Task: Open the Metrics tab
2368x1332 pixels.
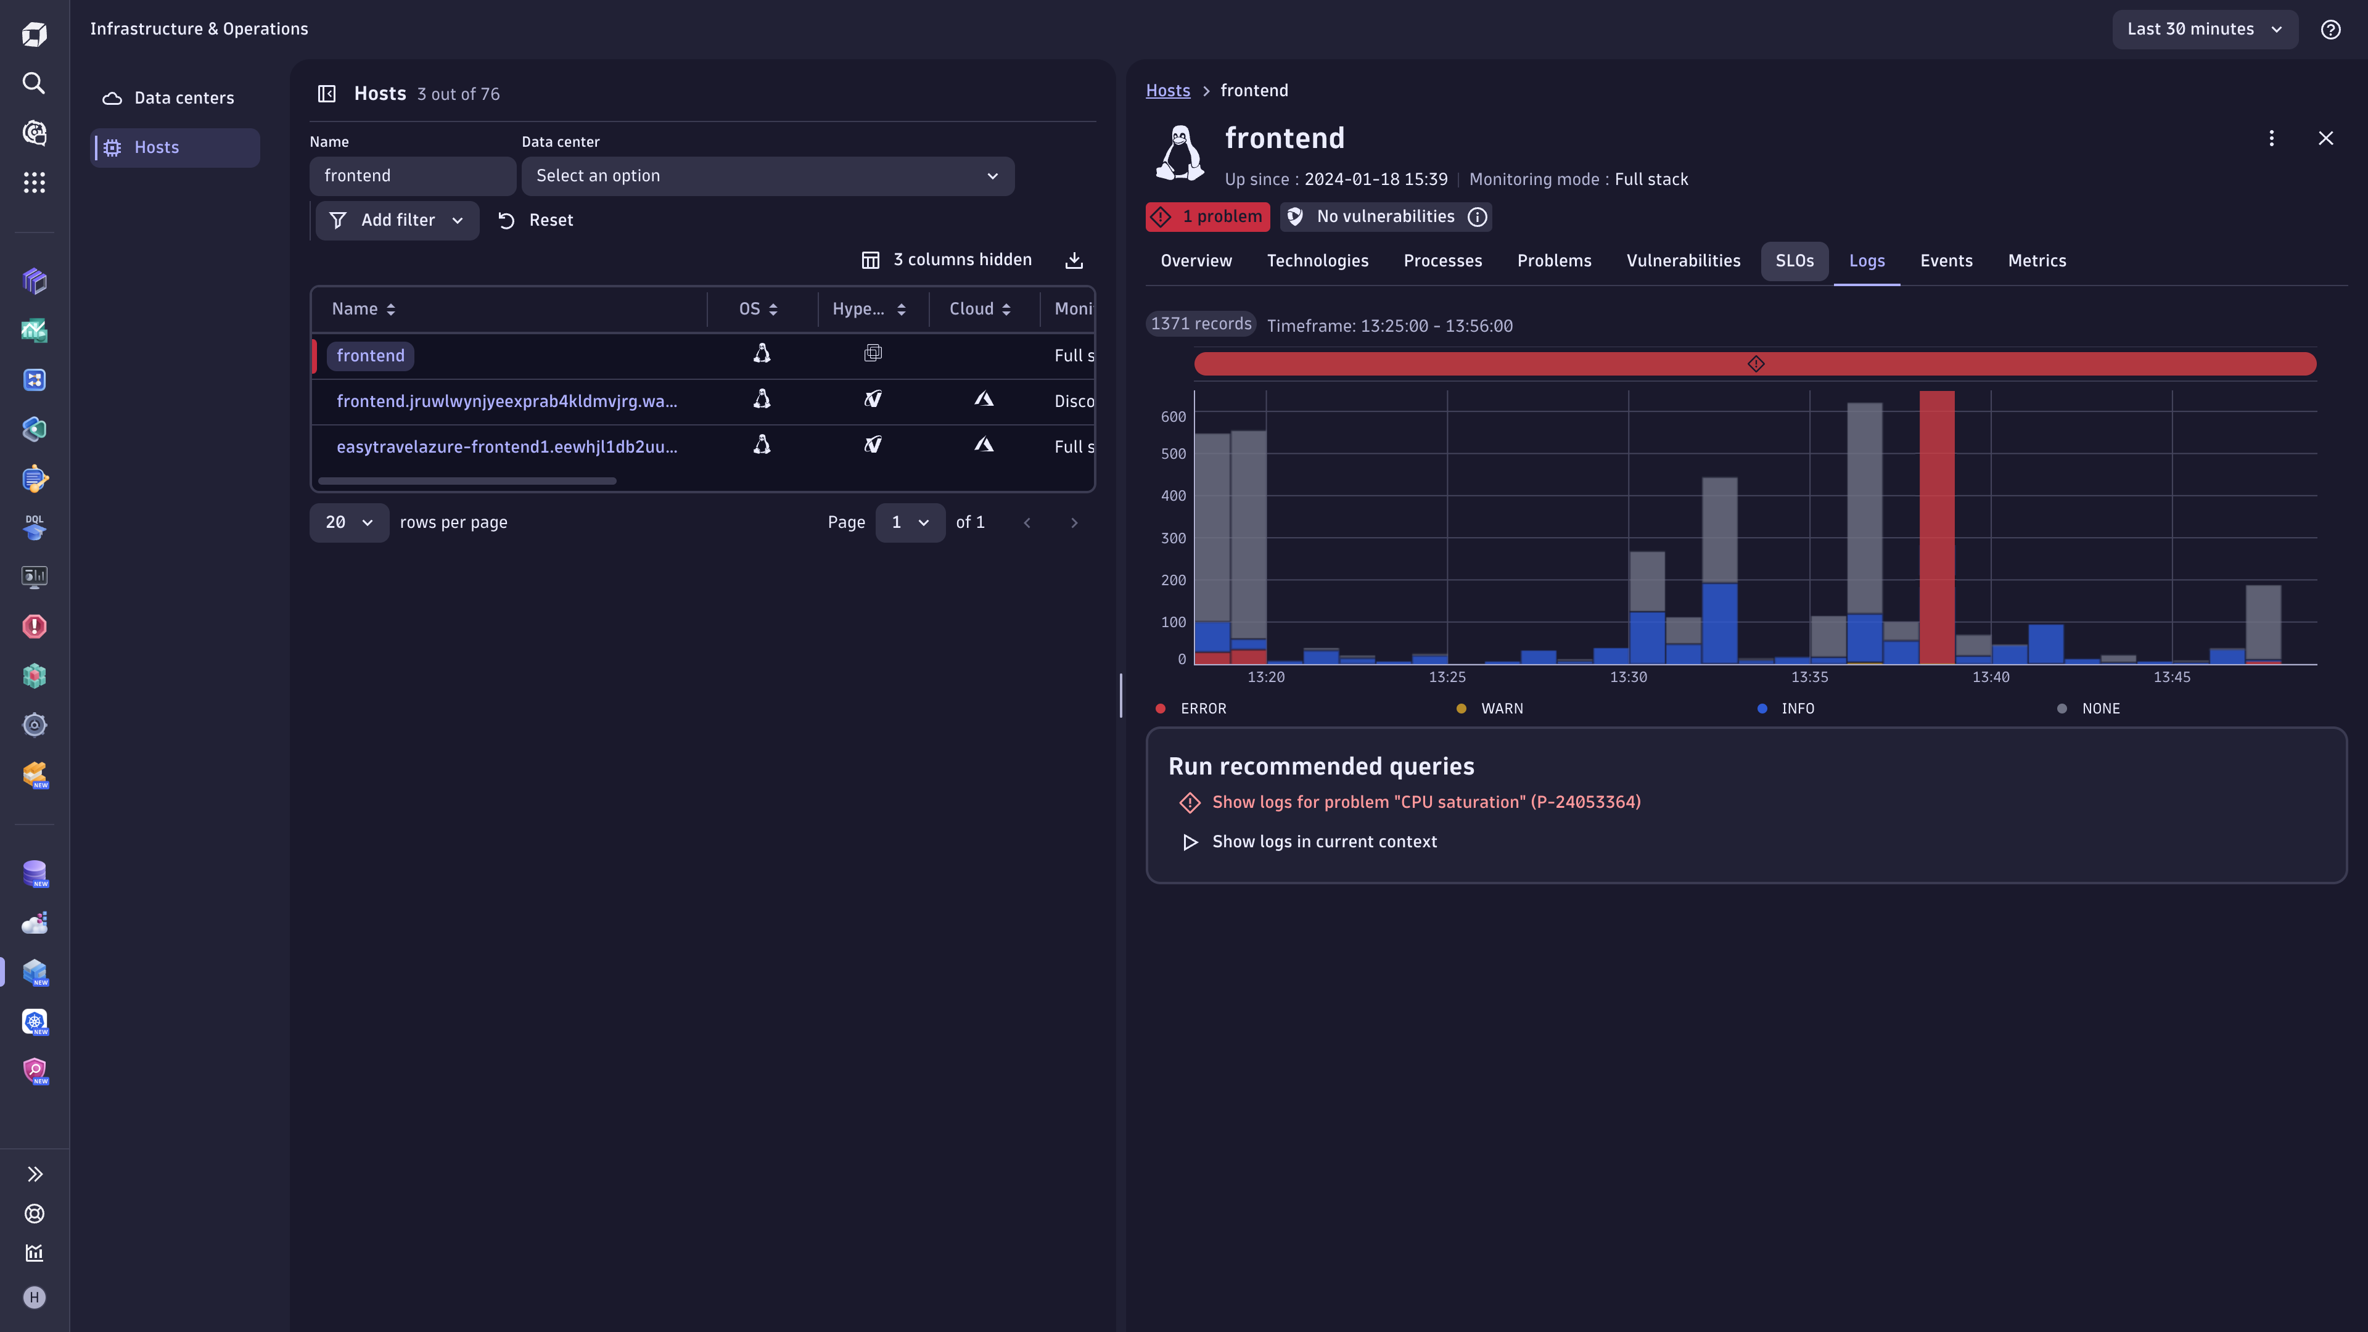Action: [2036, 261]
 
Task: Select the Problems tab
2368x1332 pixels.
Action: [1553, 261]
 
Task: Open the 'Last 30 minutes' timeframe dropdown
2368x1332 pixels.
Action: [2203, 30]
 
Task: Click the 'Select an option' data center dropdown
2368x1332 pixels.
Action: [767, 176]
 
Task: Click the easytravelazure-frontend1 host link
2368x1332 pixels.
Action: [506, 446]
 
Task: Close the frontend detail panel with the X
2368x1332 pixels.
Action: [2325, 139]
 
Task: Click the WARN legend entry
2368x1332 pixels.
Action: [1500, 709]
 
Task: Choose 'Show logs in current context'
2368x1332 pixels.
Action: [1324, 842]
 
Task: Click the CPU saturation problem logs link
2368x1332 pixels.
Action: [1426, 802]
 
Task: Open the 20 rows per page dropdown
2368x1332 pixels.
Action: [348, 523]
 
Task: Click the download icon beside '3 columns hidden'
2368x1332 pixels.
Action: [1074, 260]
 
